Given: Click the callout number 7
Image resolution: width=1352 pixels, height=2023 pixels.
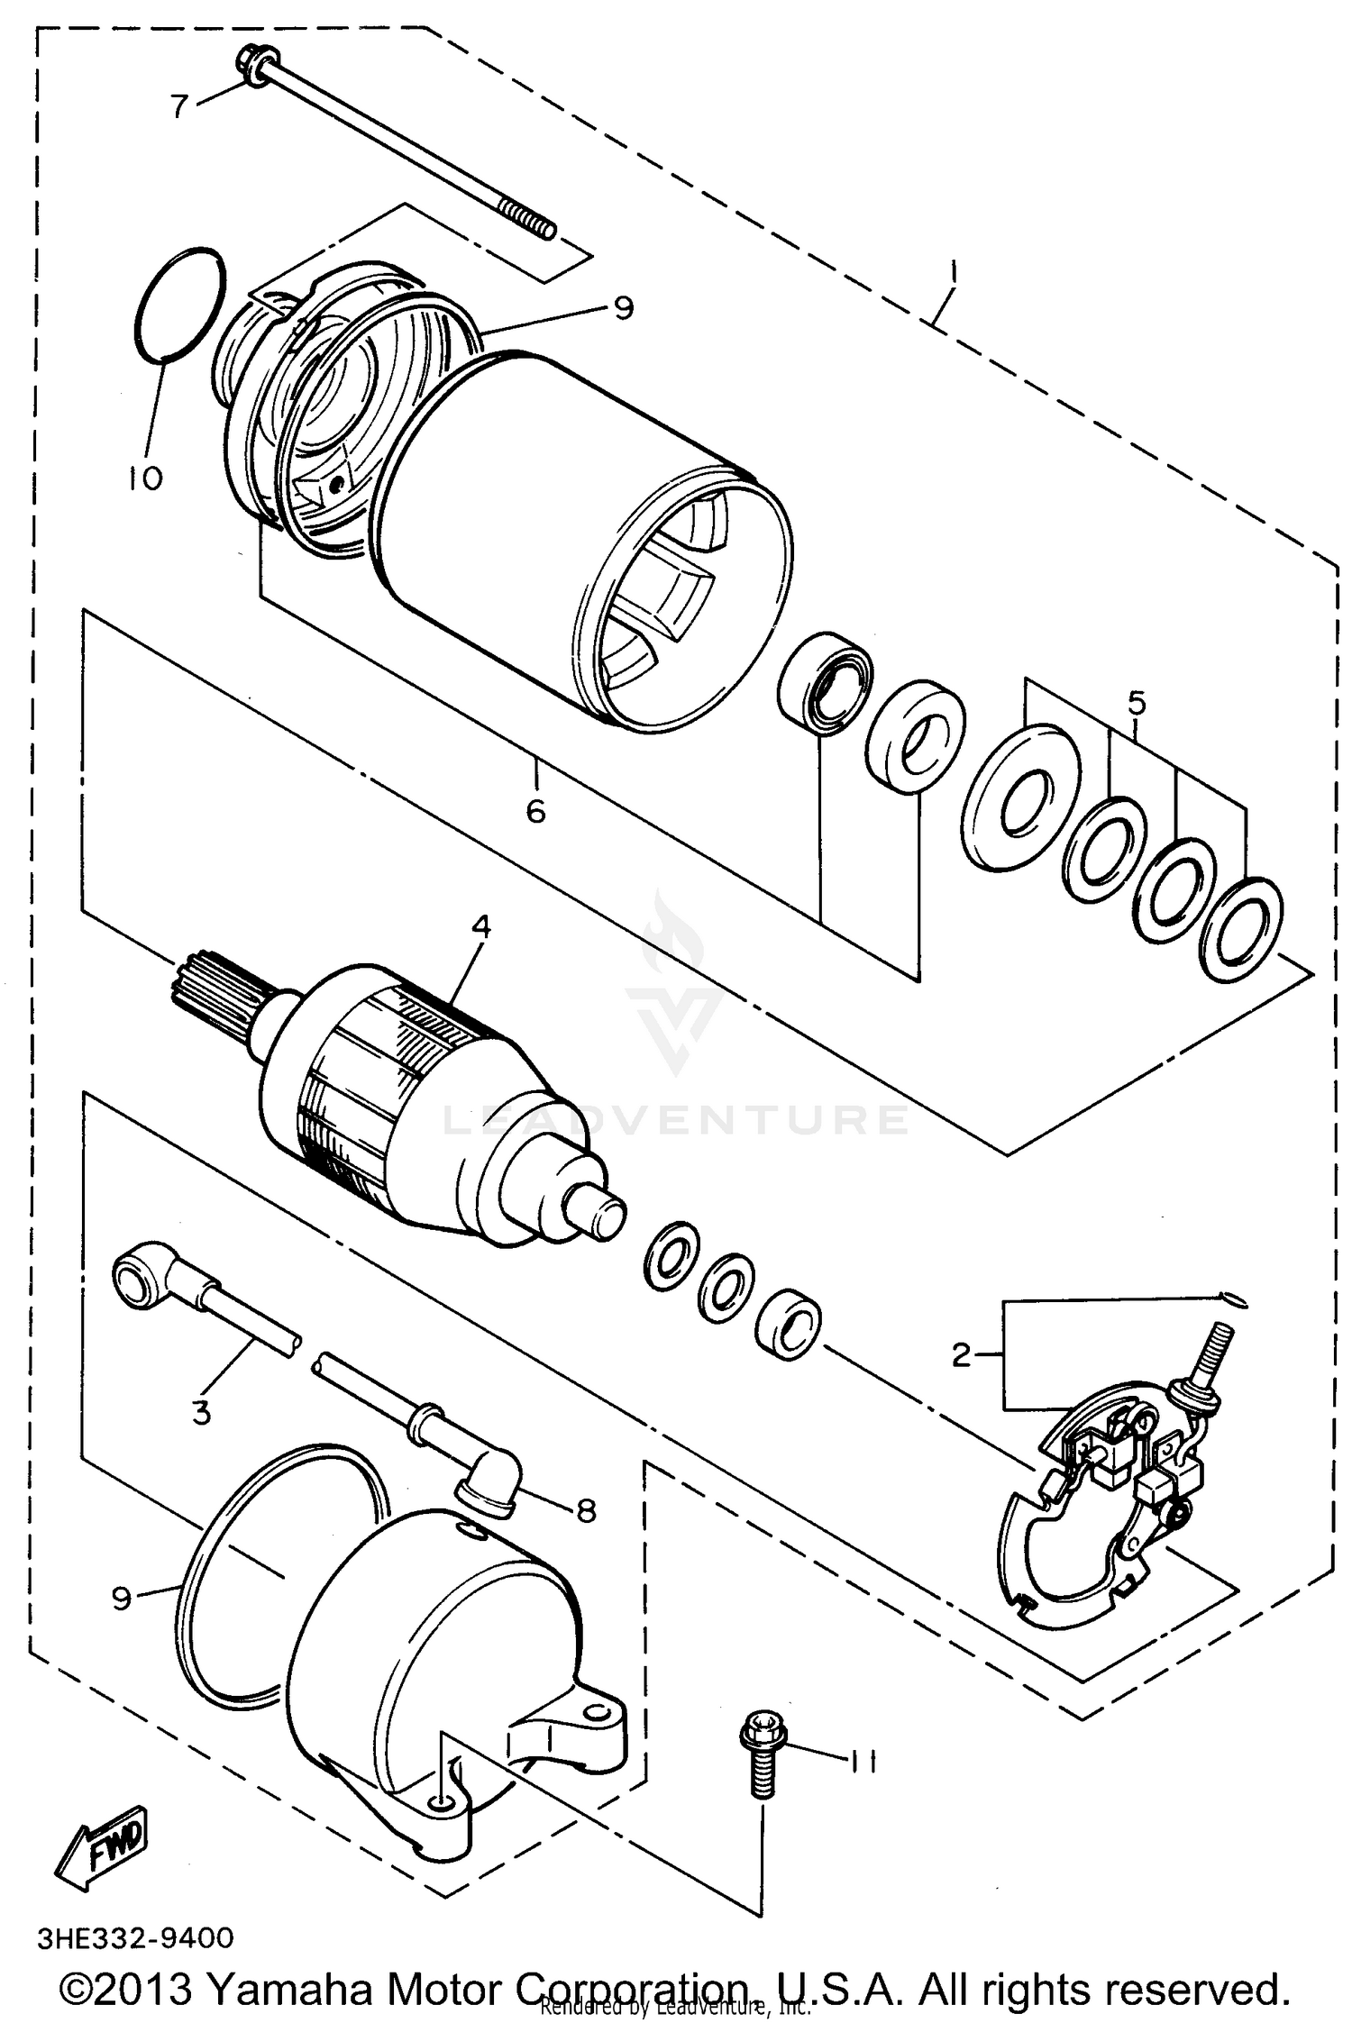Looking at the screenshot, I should point(180,106).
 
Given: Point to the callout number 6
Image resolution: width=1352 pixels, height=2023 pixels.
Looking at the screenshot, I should point(535,812).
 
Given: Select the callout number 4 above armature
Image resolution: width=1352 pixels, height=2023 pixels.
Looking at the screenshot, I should point(481,926).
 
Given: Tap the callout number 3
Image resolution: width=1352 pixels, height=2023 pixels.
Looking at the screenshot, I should point(202,1411).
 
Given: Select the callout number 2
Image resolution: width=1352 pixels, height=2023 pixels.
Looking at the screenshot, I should point(963,1354).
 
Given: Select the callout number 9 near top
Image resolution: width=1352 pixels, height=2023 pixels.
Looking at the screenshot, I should point(623,309).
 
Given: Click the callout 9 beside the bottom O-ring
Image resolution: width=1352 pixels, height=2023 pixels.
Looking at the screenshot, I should point(122,1598).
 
